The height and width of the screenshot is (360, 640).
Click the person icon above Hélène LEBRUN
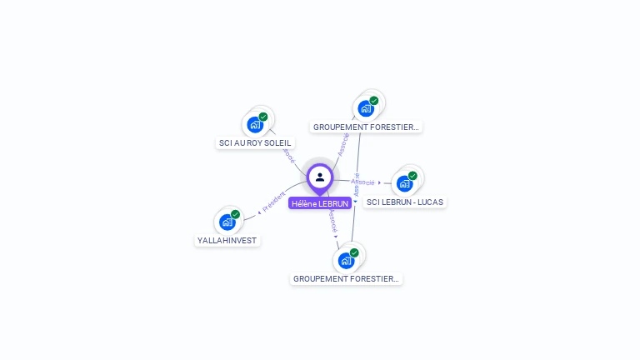pyautogui.click(x=320, y=177)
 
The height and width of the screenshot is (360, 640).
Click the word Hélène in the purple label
pyautogui.click(x=304, y=203)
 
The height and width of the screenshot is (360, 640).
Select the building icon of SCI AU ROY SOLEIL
pyautogui.click(x=255, y=125)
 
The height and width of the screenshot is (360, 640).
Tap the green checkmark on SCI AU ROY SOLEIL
pyautogui.click(x=263, y=117)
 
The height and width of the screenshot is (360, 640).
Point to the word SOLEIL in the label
pyautogui.click(x=278, y=143)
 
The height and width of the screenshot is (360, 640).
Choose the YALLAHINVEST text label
pyautogui.click(x=227, y=241)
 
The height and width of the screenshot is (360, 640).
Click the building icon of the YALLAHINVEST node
pyautogui.click(x=227, y=222)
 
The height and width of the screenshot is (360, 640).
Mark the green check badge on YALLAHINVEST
pyautogui.click(x=235, y=215)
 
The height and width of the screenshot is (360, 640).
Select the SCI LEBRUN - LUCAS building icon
pyautogui.click(x=404, y=183)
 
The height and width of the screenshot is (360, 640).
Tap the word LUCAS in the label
pyautogui.click(x=430, y=202)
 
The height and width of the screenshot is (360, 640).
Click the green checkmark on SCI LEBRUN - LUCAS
pyautogui.click(x=412, y=176)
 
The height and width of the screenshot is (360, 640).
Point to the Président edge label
pyautogui.click(x=273, y=201)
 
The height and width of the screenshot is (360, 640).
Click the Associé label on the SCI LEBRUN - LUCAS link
pyautogui.click(x=362, y=181)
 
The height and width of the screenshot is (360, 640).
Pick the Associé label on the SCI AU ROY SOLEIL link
pyautogui.click(x=288, y=154)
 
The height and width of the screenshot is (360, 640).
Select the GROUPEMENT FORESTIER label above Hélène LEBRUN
pyautogui.click(x=367, y=127)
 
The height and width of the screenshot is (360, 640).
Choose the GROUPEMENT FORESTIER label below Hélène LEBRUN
pyautogui.click(x=347, y=279)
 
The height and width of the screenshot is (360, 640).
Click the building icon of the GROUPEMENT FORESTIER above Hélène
pyautogui.click(x=365, y=108)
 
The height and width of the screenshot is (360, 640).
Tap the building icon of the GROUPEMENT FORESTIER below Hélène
pyautogui.click(x=346, y=260)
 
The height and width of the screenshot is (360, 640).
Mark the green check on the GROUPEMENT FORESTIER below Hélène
pyautogui.click(x=354, y=252)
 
